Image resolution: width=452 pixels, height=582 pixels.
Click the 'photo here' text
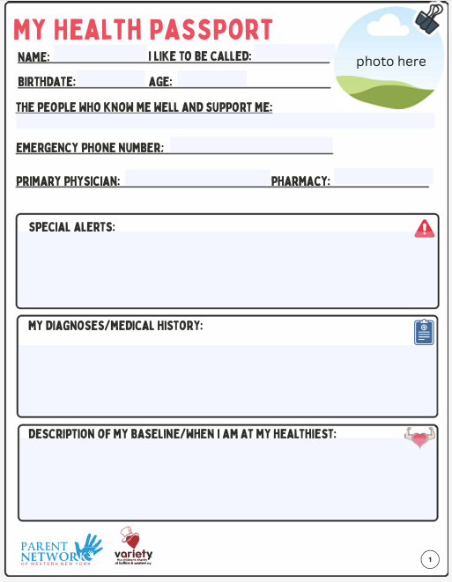tap(390, 62)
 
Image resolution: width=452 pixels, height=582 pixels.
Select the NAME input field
tap(98, 55)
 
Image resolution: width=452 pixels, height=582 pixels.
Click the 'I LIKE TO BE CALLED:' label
tap(200, 56)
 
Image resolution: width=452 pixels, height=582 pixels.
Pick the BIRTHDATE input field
tap(110, 80)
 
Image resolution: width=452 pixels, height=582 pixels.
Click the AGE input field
tap(211, 80)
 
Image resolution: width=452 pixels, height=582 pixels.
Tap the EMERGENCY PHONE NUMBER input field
tap(251, 146)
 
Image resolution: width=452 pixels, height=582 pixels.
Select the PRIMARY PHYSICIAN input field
tap(196, 179)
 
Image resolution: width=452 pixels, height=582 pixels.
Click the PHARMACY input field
tap(382, 178)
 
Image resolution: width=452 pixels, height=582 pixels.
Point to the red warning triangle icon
tap(425, 229)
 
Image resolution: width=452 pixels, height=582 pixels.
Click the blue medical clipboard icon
tap(425, 332)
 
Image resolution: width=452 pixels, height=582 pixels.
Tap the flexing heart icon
tap(420, 438)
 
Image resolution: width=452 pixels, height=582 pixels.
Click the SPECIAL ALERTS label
tap(71, 227)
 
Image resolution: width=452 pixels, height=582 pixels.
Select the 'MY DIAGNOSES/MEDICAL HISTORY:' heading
tap(115, 326)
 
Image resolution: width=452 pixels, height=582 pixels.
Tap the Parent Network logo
tap(62, 549)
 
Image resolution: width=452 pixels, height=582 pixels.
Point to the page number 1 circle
tap(430, 559)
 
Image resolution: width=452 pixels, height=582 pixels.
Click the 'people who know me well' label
tap(144, 107)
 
